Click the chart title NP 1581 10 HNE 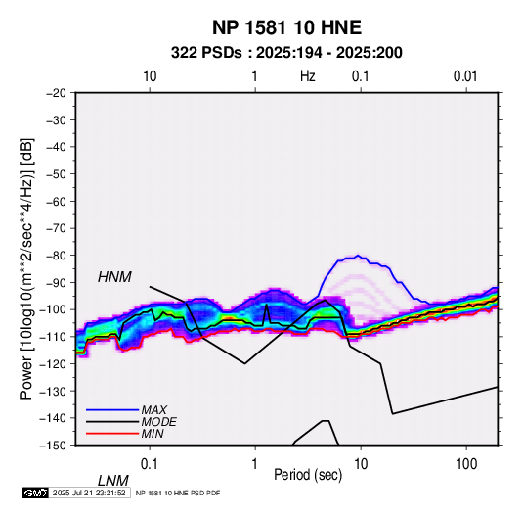pyautogui.click(x=286, y=27)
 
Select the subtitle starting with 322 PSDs pyautogui.click(x=286, y=53)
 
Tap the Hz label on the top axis pyautogui.click(x=307, y=76)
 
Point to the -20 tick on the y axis pyautogui.click(x=56, y=93)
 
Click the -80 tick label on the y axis pyautogui.click(x=56, y=256)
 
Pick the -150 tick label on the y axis pyautogui.click(x=53, y=446)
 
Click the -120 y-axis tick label pyautogui.click(x=53, y=363)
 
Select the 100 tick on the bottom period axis pyautogui.click(x=465, y=464)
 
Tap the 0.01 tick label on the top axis pyautogui.click(x=465, y=76)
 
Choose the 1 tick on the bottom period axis pyautogui.click(x=254, y=464)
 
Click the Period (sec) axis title pyautogui.click(x=308, y=475)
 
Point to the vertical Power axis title pyautogui.click(x=26, y=268)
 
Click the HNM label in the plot pyautogui.click(x=114, y=277)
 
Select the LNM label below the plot pyautogui.click(x=112, y=481)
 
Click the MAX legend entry pyautogui.click(x=153, y=409)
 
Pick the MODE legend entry pyautogui.click(x=158, y=422)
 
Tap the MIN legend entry pyautogui.click(x=153, y=434)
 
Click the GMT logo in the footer pyautogui.click(x=35, y=493)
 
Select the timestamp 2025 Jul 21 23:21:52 pyautogui.click(x=89, y=493)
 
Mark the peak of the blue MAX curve pyautogui.click(x=358, y=256)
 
